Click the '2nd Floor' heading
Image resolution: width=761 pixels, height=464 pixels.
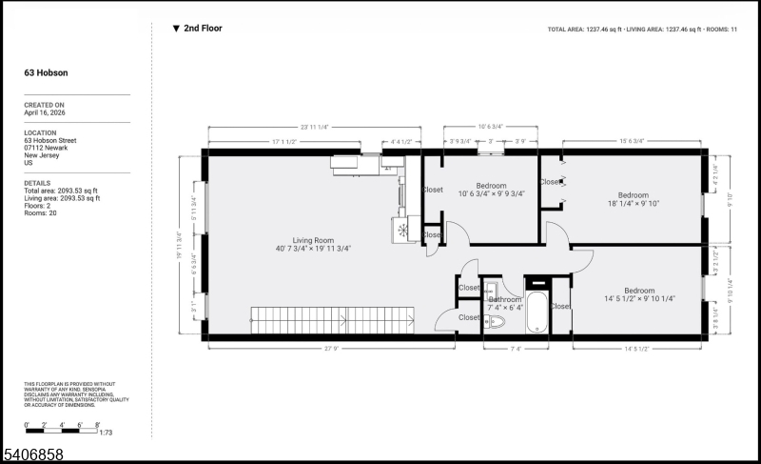point(202,29)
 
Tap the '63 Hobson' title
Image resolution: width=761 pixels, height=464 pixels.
point(46,72)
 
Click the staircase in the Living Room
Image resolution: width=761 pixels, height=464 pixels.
point(333,319)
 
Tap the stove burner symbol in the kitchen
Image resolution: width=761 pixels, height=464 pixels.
point(401,230)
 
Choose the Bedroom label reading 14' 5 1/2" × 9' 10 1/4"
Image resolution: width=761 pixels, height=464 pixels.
point(638,294)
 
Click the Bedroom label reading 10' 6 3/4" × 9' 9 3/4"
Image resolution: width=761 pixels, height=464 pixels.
point(491,190)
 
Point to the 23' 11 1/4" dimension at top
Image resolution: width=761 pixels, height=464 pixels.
point(314,128)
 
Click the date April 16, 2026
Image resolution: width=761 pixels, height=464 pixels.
point(45,112)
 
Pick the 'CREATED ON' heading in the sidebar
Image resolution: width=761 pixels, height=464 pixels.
point(45,105)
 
